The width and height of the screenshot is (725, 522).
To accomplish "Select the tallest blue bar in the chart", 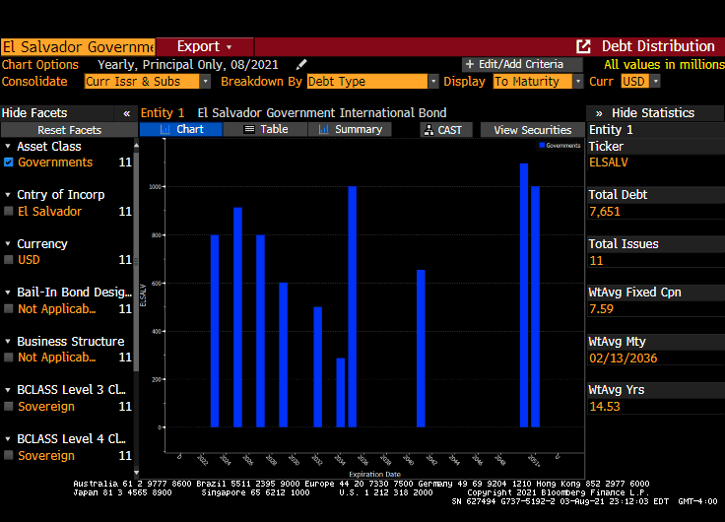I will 524,295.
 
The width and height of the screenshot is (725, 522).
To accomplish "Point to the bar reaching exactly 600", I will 284,355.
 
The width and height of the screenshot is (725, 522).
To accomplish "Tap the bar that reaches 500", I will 317,366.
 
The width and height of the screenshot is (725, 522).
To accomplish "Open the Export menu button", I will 205,46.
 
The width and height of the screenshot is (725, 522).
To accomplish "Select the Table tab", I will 266,129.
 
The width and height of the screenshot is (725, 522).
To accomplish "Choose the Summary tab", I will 351,129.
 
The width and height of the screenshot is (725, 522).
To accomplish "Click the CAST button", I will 446,129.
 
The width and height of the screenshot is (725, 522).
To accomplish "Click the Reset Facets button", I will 69,130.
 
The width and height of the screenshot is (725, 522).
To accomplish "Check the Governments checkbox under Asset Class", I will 9,163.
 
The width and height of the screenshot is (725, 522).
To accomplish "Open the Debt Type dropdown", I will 369,82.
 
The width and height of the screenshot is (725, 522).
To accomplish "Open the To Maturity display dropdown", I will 538,82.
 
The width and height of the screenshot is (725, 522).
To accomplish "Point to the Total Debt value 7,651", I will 604,211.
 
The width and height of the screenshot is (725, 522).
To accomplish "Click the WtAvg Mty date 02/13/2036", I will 623,358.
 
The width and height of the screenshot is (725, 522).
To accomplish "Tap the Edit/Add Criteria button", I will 513,64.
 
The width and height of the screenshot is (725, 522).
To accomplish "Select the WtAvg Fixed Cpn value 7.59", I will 601,308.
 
